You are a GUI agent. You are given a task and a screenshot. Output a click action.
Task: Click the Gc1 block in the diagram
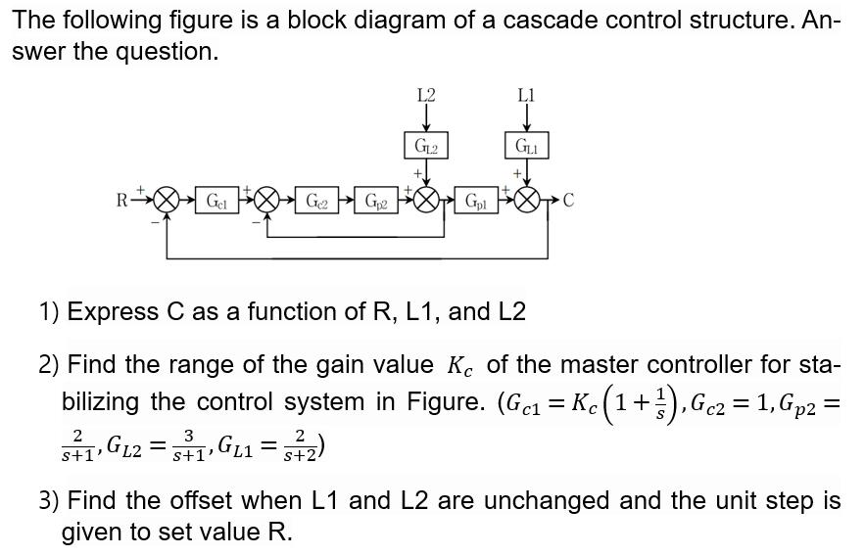point(216,202)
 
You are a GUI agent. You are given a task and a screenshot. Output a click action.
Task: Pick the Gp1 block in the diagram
point(476,202)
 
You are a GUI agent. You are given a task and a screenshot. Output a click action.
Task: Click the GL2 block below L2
point(426,146)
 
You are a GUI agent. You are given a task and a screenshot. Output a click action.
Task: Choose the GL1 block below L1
point(526,146)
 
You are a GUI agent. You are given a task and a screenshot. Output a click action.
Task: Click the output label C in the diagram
point(568,203)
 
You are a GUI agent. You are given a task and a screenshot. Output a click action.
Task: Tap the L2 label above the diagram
point(426,95)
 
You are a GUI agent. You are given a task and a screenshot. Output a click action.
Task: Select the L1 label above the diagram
point(526,95)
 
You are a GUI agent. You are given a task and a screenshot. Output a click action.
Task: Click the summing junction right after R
point(167,202)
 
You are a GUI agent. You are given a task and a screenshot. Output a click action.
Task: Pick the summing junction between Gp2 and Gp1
point(426,202)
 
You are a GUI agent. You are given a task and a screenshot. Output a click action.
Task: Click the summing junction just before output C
point(527,202)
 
